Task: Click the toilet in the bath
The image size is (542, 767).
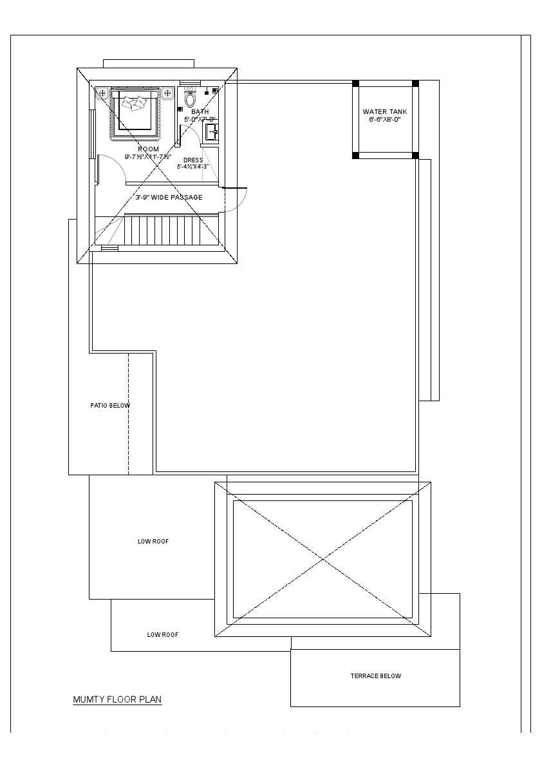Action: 190,99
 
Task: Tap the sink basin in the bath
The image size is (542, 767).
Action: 211,133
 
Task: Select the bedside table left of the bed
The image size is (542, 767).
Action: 102,93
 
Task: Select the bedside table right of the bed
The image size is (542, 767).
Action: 167,93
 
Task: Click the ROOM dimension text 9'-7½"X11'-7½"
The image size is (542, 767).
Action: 148,156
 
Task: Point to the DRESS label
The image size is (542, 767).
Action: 193,160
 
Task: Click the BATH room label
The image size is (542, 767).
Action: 200,112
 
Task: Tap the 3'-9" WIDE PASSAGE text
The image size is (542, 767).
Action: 169,197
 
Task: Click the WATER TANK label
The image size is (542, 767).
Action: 385,112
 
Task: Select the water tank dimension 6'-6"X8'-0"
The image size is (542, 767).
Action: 385,120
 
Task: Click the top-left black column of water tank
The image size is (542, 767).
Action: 355,83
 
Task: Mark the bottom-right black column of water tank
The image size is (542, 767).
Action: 415,155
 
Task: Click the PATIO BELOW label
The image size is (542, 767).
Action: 110,406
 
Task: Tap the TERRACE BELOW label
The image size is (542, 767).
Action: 375,676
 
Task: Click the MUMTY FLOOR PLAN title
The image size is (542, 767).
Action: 117,699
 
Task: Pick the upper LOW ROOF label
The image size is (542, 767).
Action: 153,542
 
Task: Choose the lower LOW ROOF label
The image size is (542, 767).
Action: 163,635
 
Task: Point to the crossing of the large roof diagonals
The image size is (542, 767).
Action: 322,559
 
